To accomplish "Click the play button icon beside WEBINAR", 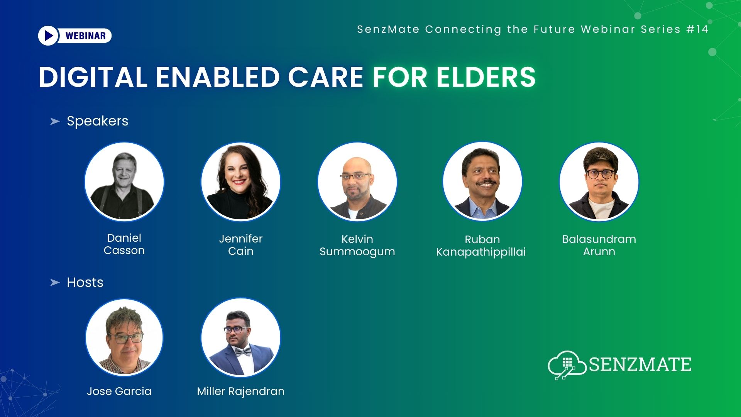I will click(x=48, y=36).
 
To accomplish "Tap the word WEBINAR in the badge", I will click(x=85, y=36).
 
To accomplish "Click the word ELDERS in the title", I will click(x=486, y=77).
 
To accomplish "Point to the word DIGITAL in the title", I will click(x=93, y=77).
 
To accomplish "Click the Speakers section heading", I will click(x=97, y=121).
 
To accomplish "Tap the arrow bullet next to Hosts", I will click(x=55, y=283).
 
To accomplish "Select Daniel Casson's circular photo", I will click(x=124, y=181).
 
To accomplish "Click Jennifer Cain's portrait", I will click(x=240, y=181).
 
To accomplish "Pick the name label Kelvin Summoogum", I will click(x=357, y=245).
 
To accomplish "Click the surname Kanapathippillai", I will click(x=481, y=252).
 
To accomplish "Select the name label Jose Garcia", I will click(x=119, y=391).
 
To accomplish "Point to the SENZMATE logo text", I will click(x=640, y=364).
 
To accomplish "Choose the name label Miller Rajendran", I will click(x=240, y=391).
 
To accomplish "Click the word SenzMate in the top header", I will click(x=388, y=29).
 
